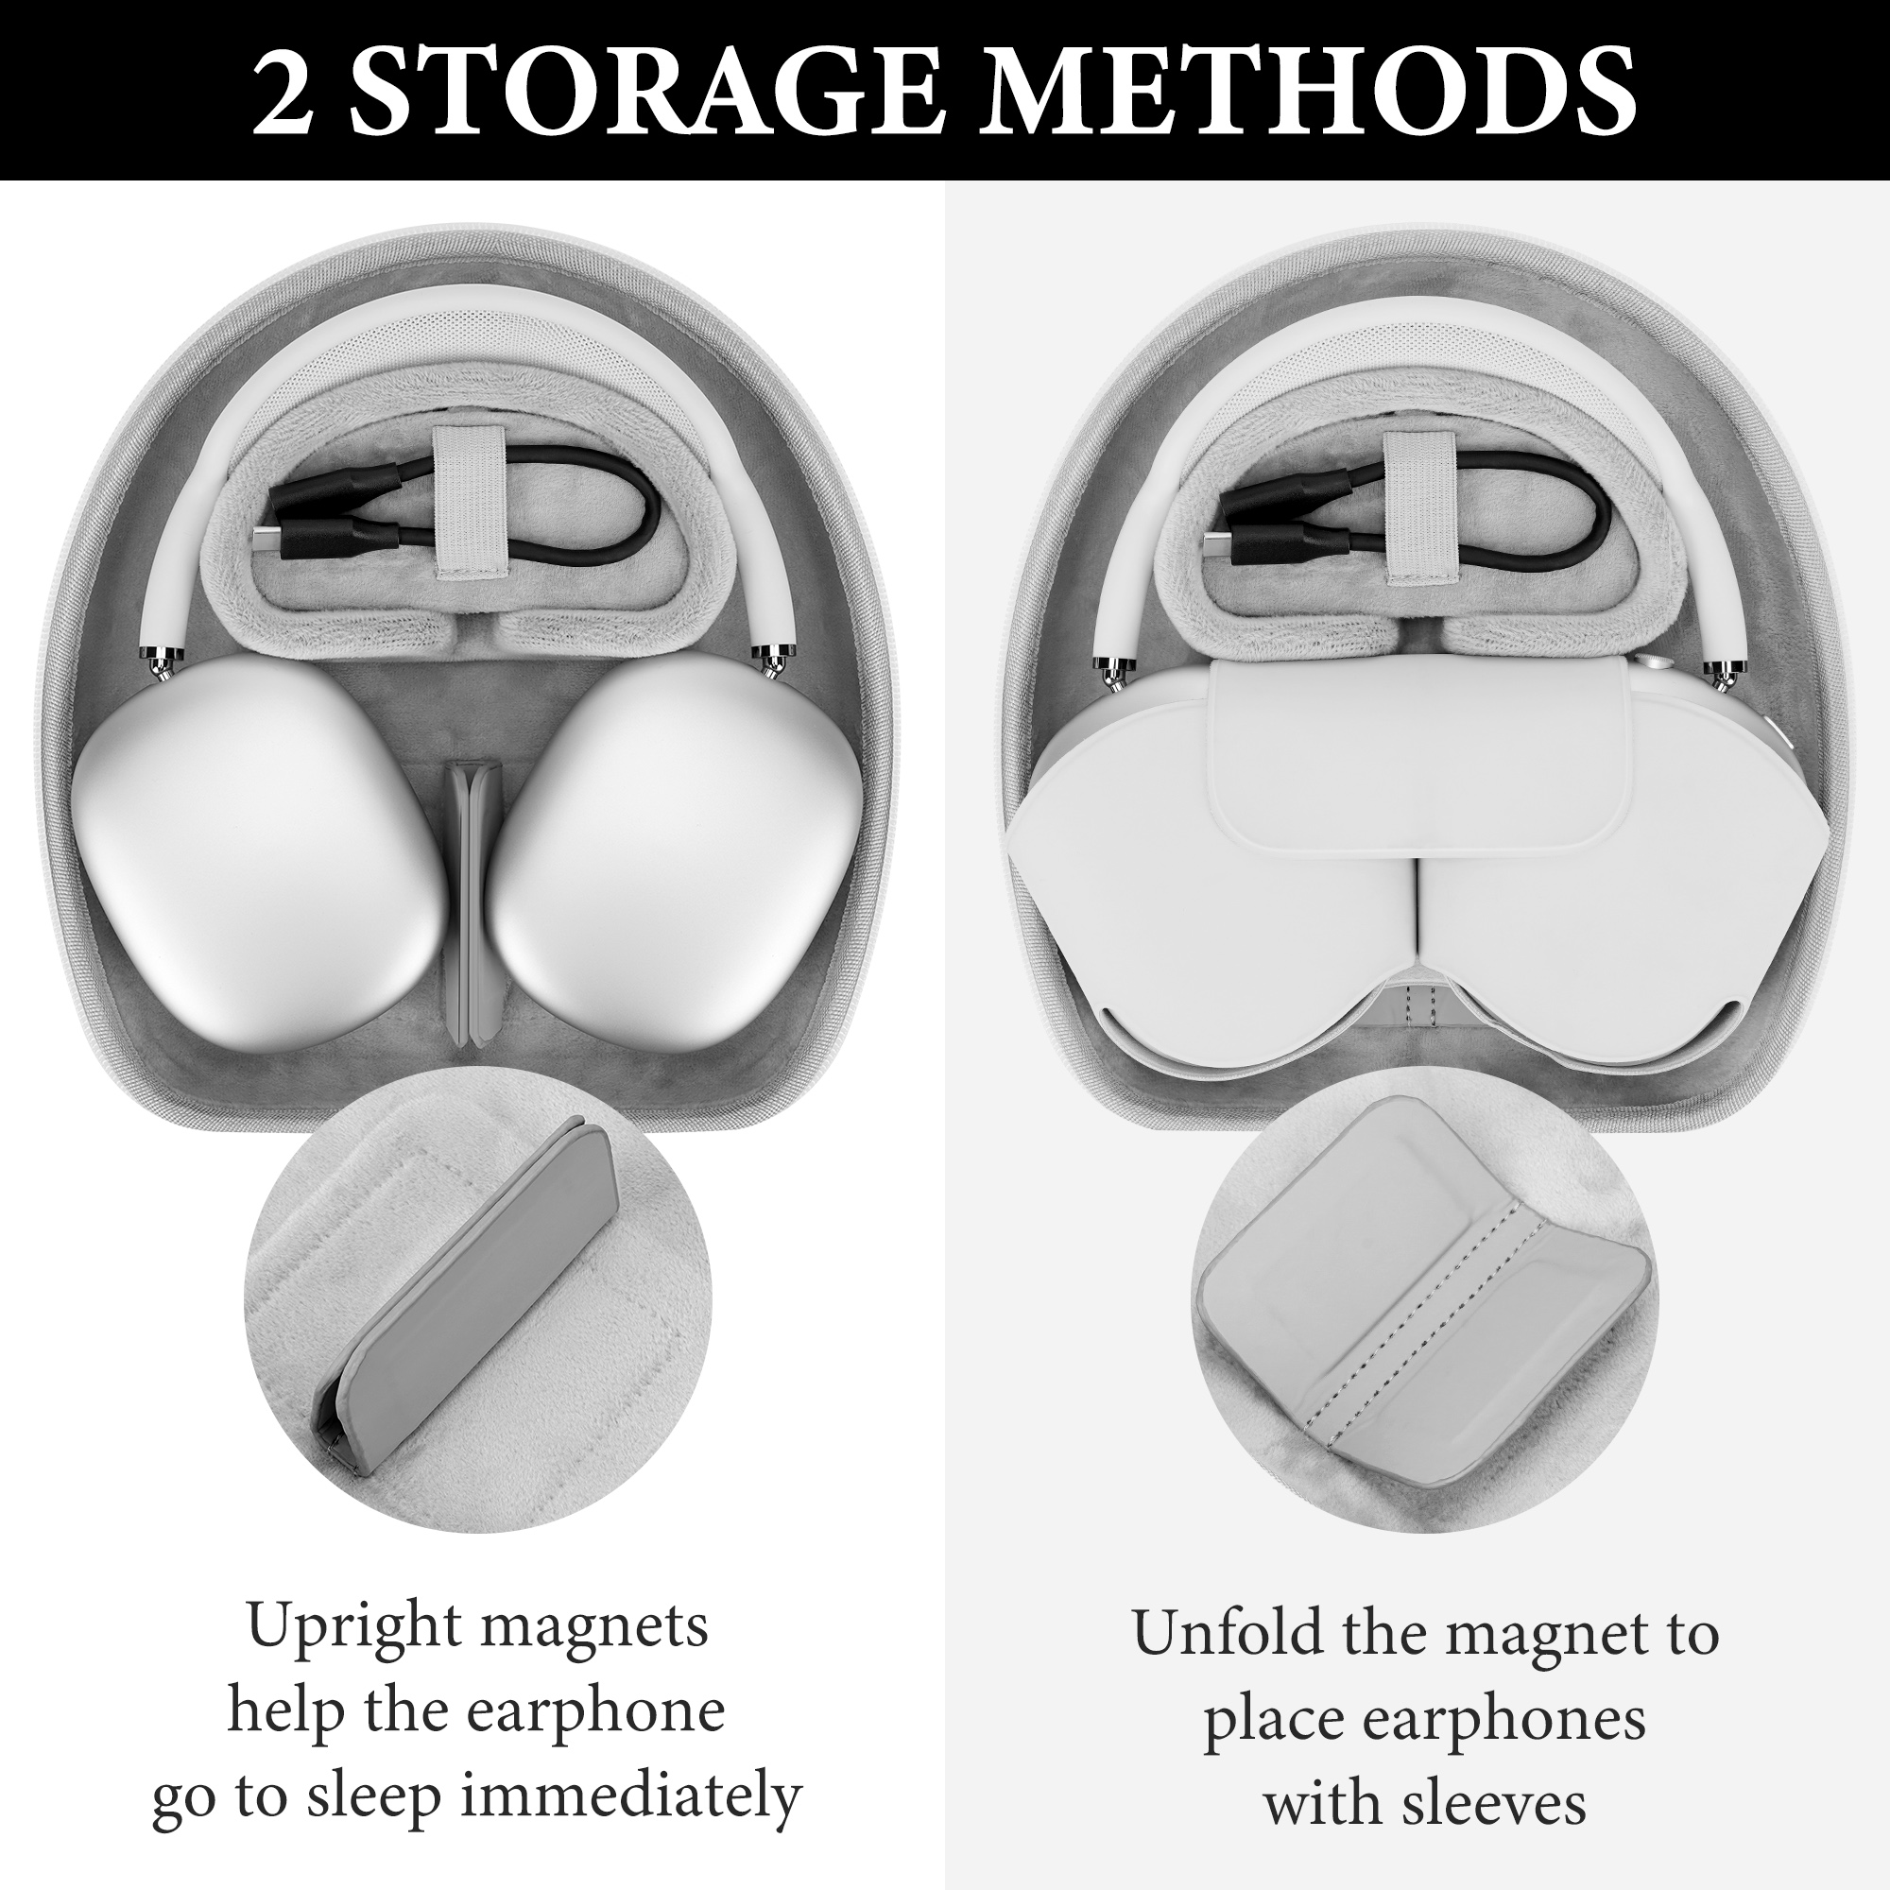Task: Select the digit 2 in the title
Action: point(283,91)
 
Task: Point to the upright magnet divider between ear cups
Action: point(472,905)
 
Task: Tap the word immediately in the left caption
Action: point(631,1796)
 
